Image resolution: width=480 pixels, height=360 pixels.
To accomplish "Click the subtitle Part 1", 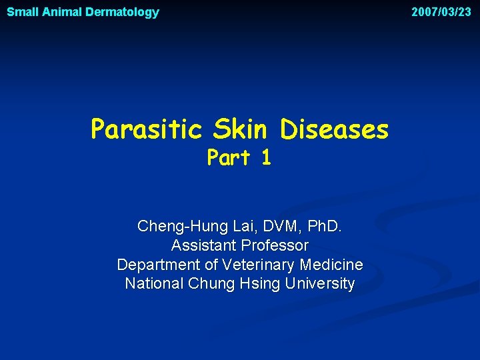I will [239, 157].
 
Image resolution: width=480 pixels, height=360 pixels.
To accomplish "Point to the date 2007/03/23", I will [441, 12].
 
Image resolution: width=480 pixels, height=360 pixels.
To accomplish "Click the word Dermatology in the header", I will [122, 12].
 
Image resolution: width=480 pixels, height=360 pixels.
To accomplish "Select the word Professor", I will [276, 246].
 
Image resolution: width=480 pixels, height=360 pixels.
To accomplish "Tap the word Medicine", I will [331, 265].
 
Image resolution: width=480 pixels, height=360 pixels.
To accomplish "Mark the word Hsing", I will [260, 284].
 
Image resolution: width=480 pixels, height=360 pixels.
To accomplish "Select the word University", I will [319, 284].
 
